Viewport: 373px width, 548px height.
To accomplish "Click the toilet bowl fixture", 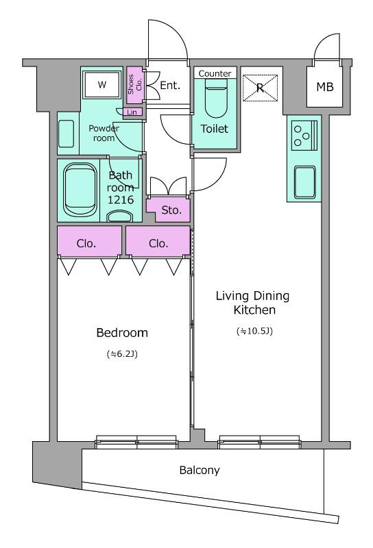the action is [x=216, y=98].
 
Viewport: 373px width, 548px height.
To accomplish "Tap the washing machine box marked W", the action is [x=102, y=84].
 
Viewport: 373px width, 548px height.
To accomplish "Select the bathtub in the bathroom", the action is [x=80, y=190].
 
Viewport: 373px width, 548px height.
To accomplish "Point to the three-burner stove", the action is [x=304, y=135].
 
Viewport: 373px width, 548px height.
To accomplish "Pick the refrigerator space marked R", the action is [x=260, y=88].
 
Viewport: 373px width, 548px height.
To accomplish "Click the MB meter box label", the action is [x=325, y=87].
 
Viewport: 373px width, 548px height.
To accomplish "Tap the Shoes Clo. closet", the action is [x=134, y=85].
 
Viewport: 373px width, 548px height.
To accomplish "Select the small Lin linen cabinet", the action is [x=132, y=112].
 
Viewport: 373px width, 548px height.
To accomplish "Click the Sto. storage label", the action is [x=171, y=210].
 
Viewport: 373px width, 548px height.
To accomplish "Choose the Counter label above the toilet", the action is [x=215, y=73].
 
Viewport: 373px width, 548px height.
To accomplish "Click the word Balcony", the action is [x=200, y=471].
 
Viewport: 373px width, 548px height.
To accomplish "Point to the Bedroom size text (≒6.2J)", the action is [x=122, y=354].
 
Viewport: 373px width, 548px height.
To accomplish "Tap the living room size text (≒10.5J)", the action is [x=254, y=331].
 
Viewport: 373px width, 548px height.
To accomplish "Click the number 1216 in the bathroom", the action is [x=121, y=199].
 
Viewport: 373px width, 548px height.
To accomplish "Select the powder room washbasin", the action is [x=66, y=134].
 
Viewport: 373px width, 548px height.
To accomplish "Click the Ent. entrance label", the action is [x=170, y=85].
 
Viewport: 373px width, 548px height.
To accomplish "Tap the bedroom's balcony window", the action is [x=136, y=442].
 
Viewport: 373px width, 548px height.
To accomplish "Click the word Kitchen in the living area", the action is [x=254, y=310].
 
